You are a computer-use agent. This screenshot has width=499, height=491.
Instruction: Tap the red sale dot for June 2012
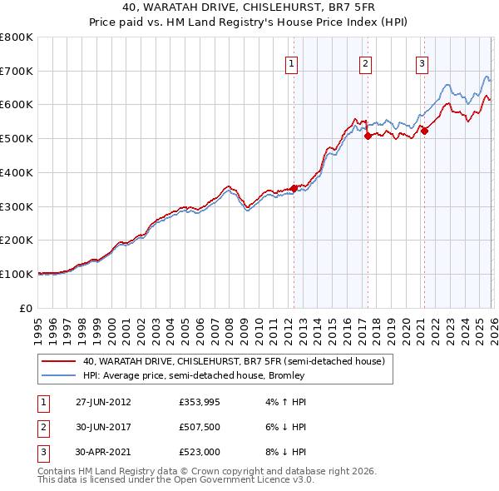294,188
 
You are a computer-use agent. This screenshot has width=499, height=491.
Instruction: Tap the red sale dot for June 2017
367,136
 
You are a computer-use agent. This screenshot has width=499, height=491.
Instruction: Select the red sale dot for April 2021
423,131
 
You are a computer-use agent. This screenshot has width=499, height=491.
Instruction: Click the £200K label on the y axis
17,241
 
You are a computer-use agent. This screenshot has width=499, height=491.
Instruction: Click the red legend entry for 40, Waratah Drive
233,362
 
